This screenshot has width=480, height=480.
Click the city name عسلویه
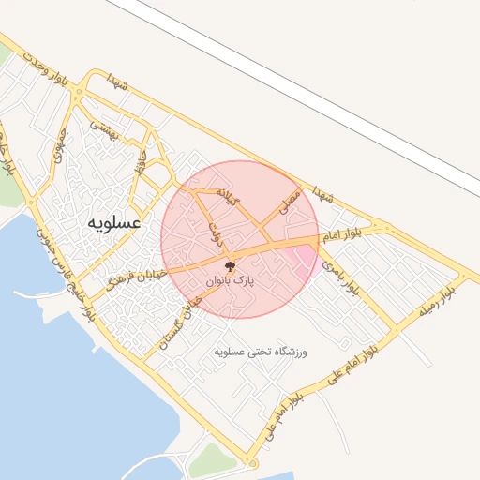click(113, 224)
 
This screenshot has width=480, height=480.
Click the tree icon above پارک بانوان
click(231, 265)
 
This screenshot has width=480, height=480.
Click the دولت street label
click(217, 233)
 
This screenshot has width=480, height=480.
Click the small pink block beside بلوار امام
click(305, 254)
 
